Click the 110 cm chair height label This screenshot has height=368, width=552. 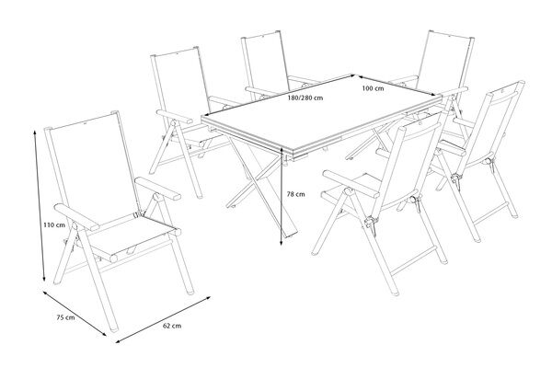[54, 224]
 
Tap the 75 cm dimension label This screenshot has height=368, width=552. [65, 317]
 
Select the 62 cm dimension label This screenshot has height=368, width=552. [172, 326]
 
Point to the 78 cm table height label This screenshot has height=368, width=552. [295, 194]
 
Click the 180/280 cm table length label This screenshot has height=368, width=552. [305, 98]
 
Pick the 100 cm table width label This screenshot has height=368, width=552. [374, 88]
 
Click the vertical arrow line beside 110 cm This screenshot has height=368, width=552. [39, 206]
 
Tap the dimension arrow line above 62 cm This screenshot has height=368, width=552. [163, 319]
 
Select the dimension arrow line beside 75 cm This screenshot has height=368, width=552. [75, 313]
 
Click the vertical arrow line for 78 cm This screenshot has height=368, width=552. [282, 197]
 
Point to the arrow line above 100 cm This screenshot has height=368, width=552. [397, 85]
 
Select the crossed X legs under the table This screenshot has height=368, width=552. [262, 187]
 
